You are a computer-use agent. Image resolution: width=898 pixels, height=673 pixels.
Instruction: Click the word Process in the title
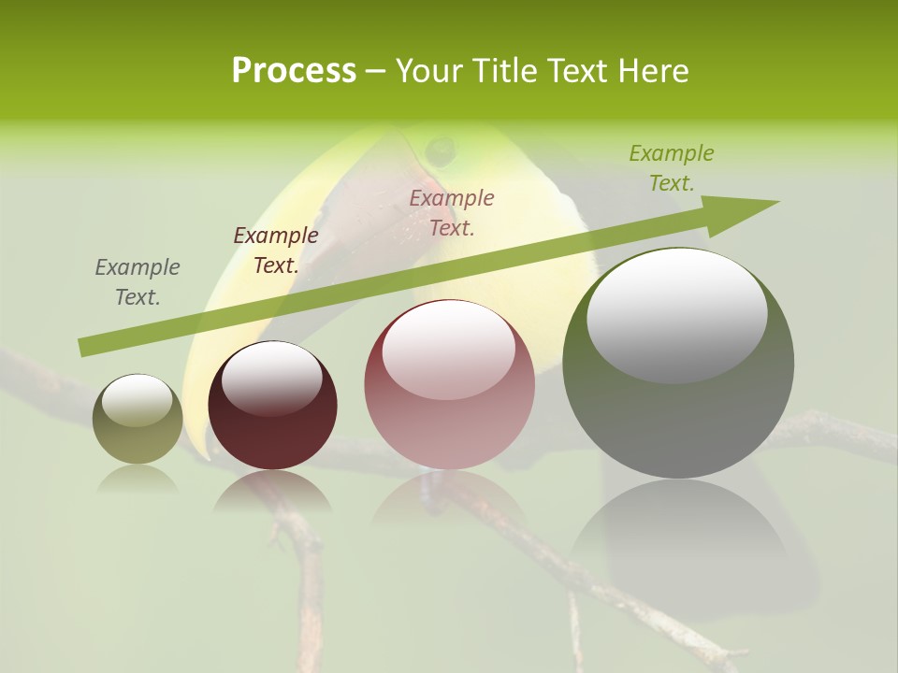pos(294,71)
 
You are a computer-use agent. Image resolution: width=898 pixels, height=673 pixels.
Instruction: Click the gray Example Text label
pos(138,282)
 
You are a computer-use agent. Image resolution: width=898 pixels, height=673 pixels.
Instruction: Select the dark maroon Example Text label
pos(276,251)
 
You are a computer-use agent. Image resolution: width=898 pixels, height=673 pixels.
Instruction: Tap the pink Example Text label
pos(452,212)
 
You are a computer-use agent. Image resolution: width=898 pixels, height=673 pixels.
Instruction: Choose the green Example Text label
pos(672,168)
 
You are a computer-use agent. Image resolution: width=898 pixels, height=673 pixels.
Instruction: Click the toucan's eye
pos(439,149)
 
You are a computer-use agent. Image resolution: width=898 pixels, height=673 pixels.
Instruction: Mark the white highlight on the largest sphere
pos(677,314)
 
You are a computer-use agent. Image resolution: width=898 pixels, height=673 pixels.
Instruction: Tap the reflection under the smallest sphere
pos(138,480)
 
